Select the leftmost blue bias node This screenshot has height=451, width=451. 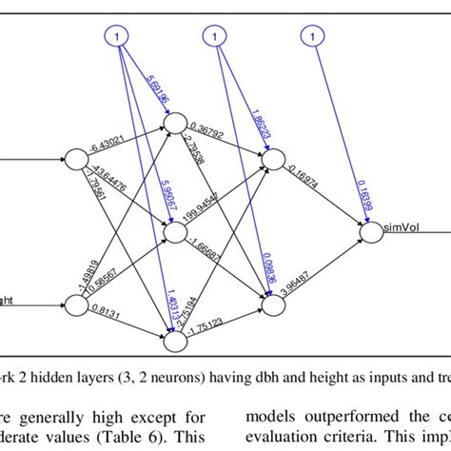[115, 37]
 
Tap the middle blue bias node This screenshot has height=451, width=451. [215, 37]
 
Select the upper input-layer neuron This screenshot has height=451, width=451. [72, 158]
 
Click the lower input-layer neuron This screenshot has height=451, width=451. [72, 305]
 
